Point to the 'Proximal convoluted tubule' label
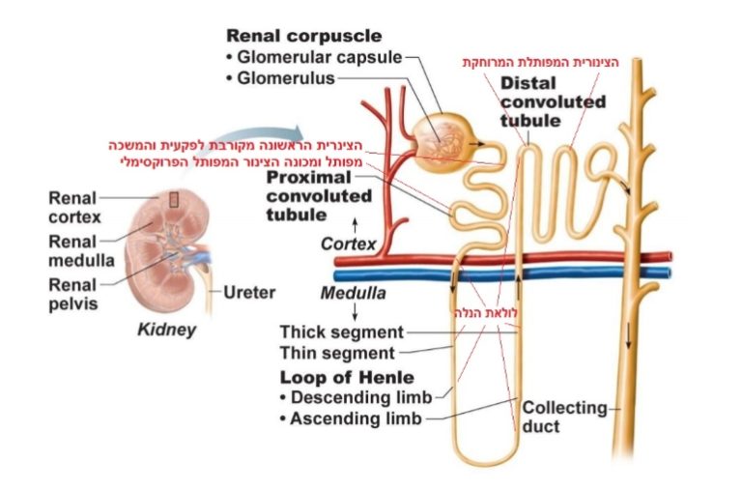pyautogui.click(x=319, y=196)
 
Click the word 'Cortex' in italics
pyautogui.click(x=348, y=245)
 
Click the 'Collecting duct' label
pyautogui.click(x=564, y=417)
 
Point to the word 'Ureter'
pyautogui.click(x=249, y=292)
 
